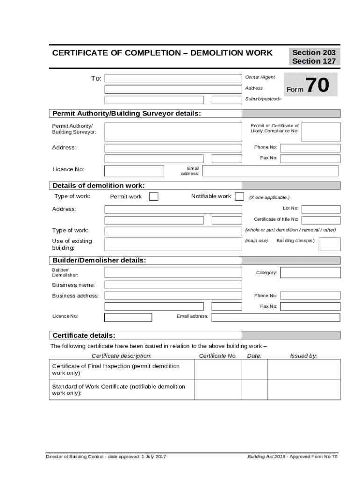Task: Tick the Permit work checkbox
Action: point(153,196)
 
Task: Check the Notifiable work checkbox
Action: point(239,196)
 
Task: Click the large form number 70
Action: point(317,86)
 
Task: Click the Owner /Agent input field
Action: point(173,78)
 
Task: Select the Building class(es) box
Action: point(329,244)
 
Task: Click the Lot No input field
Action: point(321,209)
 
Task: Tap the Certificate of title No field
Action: point(321,219)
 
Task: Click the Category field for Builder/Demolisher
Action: point(310,272)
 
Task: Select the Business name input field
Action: point(173,285)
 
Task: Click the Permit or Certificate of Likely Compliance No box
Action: point(321,131)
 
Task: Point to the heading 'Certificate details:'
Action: point(84,335)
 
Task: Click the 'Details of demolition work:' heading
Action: point(99,186)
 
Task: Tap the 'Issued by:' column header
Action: point(303,356)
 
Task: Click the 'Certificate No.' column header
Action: point(218,356)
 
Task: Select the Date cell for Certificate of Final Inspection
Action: point(254,370)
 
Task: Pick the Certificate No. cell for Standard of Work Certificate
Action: point(218,390)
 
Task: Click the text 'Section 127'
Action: point(314,61)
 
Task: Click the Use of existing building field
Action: point(173,244)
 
